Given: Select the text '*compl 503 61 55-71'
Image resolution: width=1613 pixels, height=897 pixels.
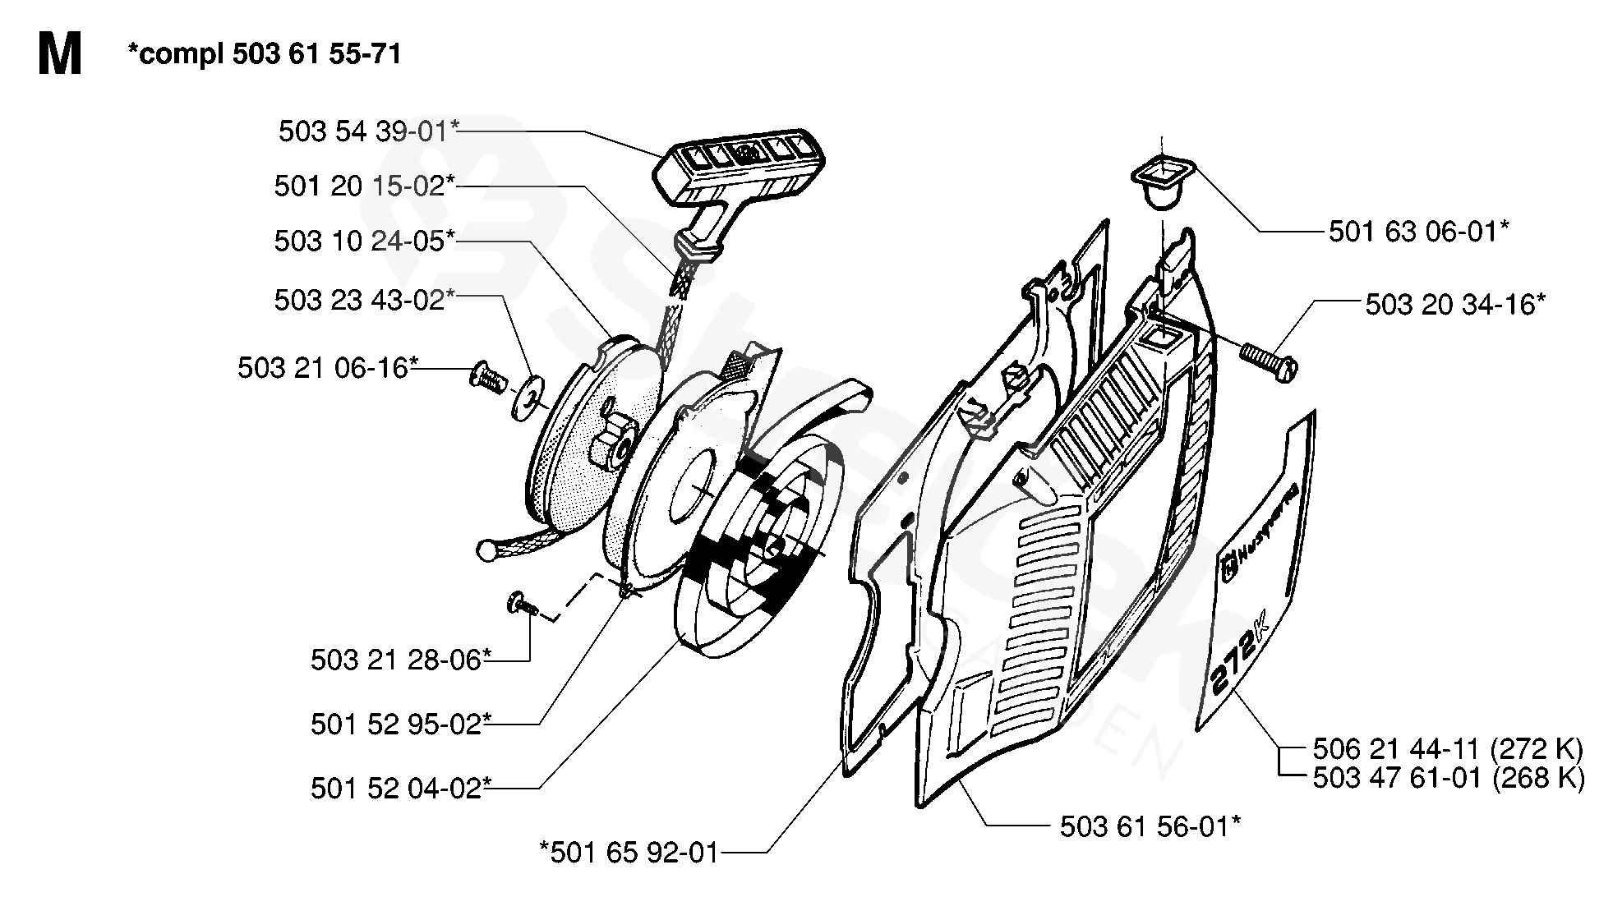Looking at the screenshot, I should click(x=265, y=54).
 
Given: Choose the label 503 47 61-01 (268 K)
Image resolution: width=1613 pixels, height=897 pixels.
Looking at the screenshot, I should click(x=1448, y=777).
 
